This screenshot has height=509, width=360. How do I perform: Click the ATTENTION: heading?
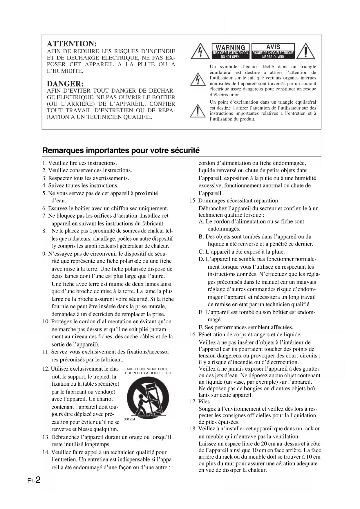[71, 44]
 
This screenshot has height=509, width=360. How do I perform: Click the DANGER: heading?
[65, 84]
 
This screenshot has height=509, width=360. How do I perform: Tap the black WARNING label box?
[231, 51]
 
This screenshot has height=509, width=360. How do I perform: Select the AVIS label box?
[273, 51]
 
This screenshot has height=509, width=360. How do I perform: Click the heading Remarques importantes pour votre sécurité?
[121, 151]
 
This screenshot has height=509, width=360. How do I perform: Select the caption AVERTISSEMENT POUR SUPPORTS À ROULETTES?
[148, 371]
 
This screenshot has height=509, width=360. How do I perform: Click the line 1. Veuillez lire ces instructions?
[79, 163]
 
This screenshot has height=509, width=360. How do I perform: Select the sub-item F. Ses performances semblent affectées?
[246, 327]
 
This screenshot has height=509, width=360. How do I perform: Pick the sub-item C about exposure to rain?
[242, 252]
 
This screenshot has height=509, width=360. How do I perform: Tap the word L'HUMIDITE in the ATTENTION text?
[65, 71]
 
